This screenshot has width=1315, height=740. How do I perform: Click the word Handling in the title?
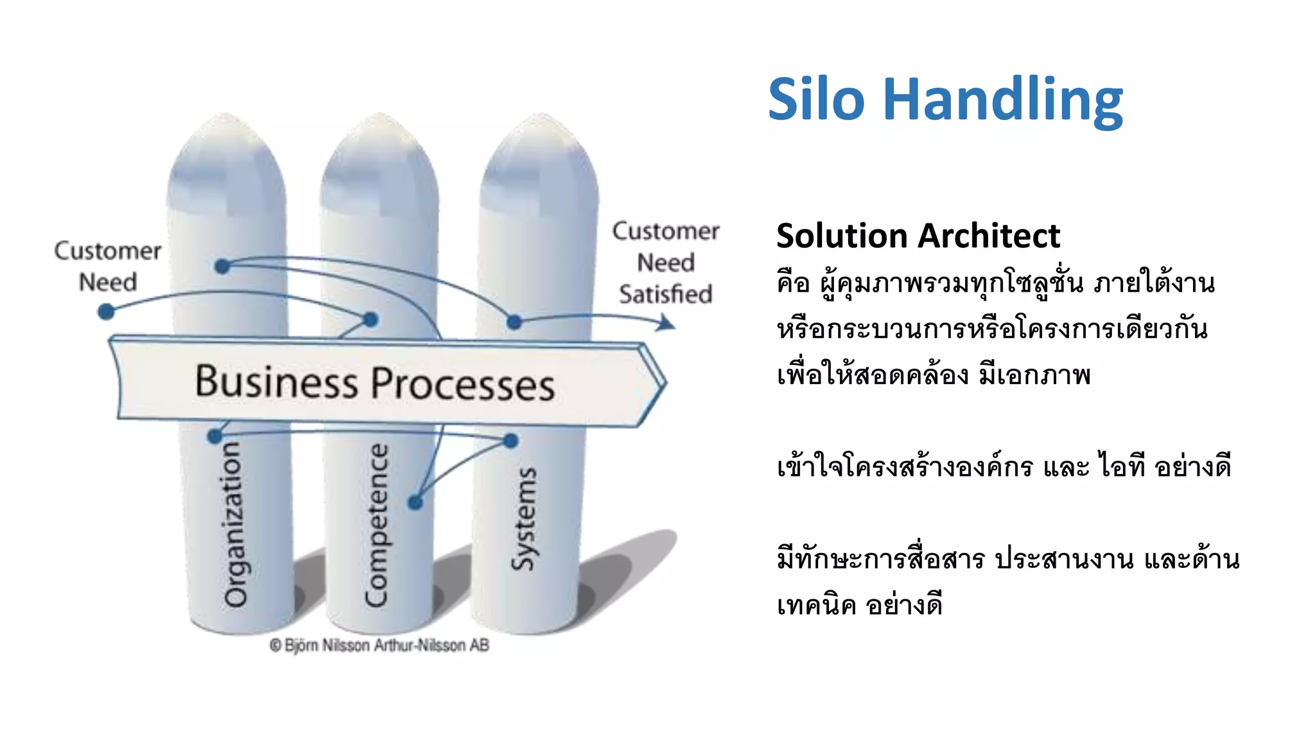(x=1003, y=100)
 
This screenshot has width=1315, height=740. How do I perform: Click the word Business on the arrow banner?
(x=275, y=382)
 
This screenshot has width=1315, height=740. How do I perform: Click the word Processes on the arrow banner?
(x=463, y=384)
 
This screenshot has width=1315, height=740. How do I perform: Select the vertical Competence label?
(x=377, y=525)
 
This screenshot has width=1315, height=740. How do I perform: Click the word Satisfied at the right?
(x=665, y=294)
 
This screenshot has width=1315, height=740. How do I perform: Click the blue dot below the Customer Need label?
(x=106, y=312)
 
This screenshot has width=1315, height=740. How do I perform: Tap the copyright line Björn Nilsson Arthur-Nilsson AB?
(x=379, y=645)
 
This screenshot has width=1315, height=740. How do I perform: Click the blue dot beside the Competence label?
(x=415, y=502)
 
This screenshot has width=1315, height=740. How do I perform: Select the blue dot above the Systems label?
(x=510, y=441)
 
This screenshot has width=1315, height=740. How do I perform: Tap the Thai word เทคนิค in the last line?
(x=816, y=605)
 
